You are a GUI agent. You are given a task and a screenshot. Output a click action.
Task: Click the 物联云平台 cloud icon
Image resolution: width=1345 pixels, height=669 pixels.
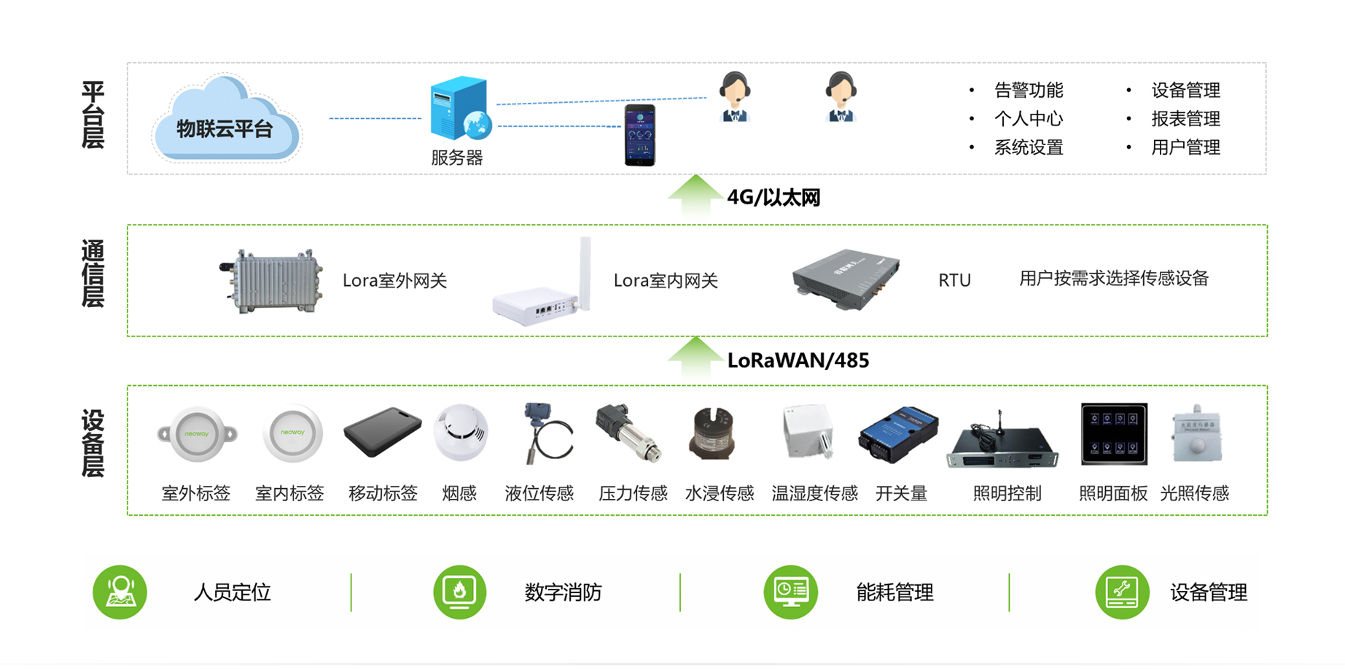226,120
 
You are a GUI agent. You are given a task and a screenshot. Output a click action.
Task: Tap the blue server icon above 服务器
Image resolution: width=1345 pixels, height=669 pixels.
459,109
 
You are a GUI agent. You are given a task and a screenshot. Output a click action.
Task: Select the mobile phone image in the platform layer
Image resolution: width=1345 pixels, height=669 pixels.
639,136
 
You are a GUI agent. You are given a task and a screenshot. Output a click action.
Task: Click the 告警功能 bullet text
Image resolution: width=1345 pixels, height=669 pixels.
1028,90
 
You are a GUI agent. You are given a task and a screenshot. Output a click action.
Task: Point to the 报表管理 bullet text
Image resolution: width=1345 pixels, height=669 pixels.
1185,119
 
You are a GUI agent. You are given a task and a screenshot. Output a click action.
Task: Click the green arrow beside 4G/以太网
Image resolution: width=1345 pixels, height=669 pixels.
695,195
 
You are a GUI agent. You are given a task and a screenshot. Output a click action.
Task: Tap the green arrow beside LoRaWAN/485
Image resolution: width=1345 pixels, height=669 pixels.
695,357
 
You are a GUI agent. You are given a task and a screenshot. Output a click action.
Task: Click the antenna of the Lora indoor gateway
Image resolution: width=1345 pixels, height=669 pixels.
585,270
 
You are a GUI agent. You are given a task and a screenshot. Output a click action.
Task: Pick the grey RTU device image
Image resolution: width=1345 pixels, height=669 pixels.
846,279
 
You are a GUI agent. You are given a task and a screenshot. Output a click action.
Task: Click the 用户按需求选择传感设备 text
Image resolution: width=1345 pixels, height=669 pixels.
1113,279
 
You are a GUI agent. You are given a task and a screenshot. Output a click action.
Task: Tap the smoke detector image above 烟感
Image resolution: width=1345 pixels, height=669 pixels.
460,432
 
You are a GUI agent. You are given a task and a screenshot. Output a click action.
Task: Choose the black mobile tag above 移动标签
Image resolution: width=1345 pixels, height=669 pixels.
382,432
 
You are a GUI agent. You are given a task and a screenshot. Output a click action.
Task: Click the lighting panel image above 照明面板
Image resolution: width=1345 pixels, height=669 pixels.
1113,434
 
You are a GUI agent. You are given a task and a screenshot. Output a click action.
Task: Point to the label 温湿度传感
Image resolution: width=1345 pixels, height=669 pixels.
814,494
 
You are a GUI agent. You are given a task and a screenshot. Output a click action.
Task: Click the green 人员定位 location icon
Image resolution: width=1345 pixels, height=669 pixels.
120,592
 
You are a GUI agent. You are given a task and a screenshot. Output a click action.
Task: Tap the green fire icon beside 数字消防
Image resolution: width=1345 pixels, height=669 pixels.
459,592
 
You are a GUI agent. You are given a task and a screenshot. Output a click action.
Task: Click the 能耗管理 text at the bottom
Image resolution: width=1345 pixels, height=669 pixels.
894,592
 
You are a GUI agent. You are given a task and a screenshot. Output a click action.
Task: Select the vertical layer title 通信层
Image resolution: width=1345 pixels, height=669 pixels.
93,274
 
